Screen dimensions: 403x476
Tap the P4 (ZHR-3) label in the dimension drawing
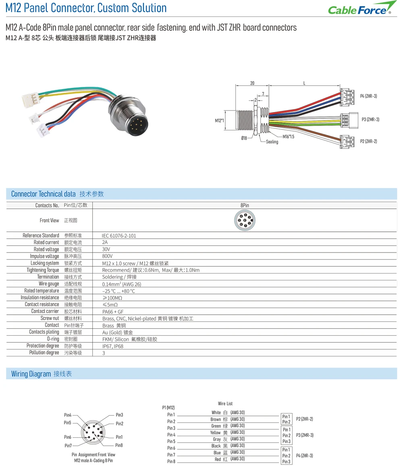point(368,96)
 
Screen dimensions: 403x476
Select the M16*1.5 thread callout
point(289,137)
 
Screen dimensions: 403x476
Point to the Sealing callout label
point(272,142)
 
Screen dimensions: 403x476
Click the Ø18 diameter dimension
point(244,138)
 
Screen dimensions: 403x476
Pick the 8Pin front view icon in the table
point(245,220)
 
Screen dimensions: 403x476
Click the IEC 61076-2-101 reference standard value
point(119,236)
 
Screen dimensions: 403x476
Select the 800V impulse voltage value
point(107,256)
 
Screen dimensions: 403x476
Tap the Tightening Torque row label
point(43,270)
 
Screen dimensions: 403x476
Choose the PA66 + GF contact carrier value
point(113,312)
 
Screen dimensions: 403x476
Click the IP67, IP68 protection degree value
point(113,346)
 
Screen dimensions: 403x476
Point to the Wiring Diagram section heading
point(42,374)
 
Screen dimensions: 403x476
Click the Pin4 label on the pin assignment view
point(68,415)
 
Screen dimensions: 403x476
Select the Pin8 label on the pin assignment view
point(119,445)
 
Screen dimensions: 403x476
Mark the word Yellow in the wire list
point(215,432)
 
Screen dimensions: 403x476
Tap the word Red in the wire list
point(218,459)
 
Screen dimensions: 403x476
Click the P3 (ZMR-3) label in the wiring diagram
point(305,435)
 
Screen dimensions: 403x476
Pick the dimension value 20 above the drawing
point(252,83)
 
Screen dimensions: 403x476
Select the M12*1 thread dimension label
point(219,121)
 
